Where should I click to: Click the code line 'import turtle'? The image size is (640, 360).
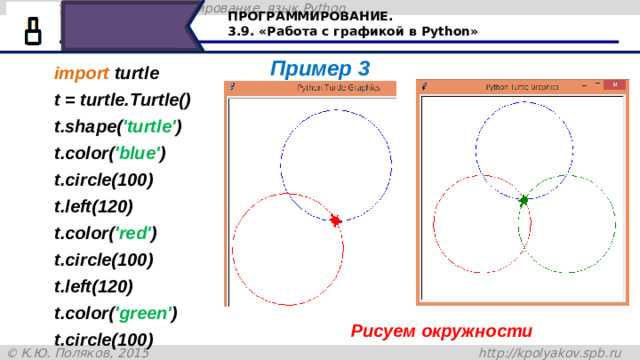105,74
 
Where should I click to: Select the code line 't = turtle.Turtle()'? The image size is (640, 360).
123,101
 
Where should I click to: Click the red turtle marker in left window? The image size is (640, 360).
336,220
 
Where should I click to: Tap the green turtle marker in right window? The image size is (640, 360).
523,201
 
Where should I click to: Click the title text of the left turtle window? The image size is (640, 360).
341,88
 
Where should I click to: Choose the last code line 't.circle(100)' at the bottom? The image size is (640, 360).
103,338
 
